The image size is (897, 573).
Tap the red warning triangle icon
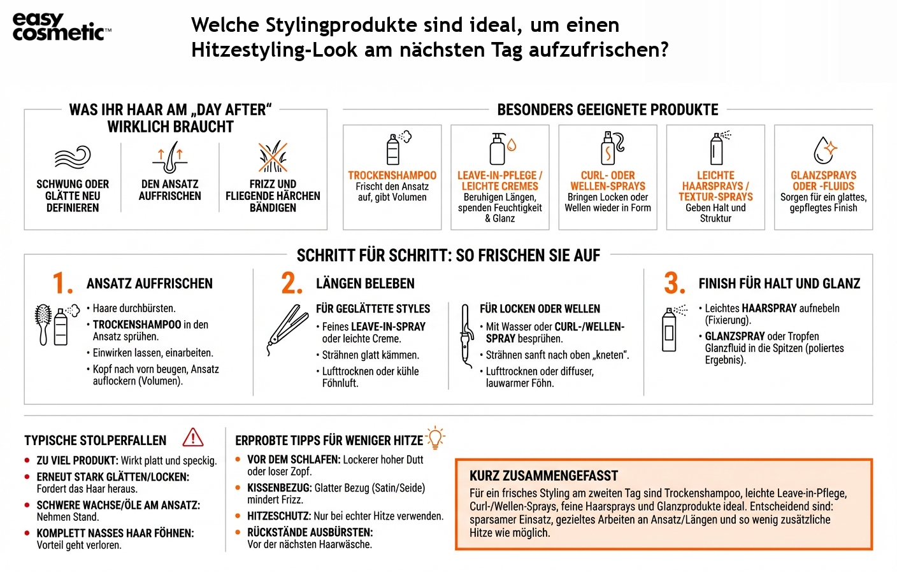tap(192, 437)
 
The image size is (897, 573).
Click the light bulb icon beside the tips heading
tap(435, 437)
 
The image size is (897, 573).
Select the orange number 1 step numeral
tap(62, 283)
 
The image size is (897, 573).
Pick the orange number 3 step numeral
tap(674, 283)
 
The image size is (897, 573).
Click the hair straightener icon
tap(287, 329)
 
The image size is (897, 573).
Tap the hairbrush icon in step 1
tap(43, 324)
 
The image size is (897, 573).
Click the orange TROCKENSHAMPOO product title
tap(392, 175)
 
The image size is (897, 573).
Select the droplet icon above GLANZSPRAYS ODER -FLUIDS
tap(824, 150)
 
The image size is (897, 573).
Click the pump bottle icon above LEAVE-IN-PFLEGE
tap(498, 148)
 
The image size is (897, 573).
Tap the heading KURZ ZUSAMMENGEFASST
tap(543, 476)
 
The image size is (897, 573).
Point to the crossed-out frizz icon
tap(273, 157)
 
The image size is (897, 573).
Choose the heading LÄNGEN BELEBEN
tap(365, 283)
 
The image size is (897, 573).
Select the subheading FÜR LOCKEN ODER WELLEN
tap(540, 309)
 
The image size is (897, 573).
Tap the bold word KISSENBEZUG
tap(279, 488)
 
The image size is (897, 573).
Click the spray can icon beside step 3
tap(670, 329)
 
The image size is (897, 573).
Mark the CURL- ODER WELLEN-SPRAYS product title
tap(608, 181)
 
